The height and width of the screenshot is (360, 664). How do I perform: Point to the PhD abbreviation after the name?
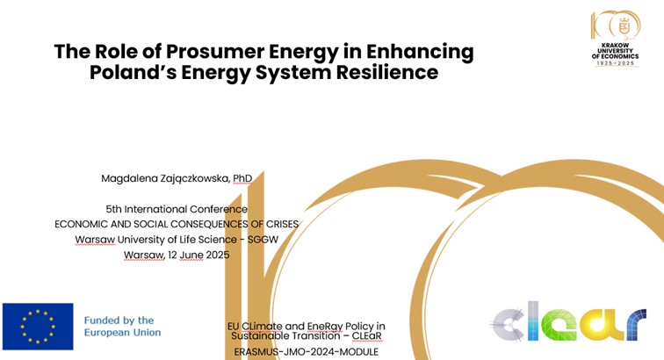click(x=242, y=178)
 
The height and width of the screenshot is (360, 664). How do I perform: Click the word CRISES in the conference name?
click(x=282, y=224)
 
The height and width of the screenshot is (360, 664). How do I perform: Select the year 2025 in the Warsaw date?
click(x=218, y=255)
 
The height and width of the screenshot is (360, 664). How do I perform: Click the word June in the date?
click(x=191, y=256)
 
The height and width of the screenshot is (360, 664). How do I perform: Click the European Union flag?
click(x=38, y=327)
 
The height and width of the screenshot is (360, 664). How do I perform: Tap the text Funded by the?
click(x=119, y=320)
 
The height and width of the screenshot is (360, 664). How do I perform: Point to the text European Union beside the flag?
click(x=122, y=333)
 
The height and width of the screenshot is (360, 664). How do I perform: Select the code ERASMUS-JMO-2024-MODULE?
click(x=307, y=352)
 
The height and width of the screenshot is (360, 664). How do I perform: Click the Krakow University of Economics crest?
click(x=624, y=26)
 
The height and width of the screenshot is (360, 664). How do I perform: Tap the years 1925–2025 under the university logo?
click(x=616, y=63)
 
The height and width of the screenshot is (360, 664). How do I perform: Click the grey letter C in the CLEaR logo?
click(x=509, y=324)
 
